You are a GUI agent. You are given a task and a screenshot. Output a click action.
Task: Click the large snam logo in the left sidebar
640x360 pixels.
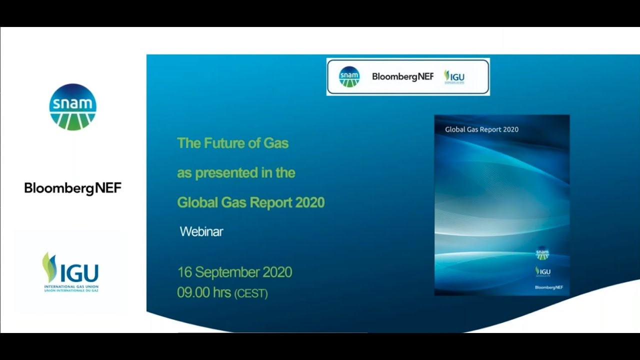point(73,107)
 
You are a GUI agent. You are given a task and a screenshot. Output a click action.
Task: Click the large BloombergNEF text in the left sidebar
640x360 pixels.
point(73,188)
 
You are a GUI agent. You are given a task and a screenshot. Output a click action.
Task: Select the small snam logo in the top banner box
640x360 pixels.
point(349,76)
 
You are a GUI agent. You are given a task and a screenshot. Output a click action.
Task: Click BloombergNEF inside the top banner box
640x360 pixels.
point(402,76)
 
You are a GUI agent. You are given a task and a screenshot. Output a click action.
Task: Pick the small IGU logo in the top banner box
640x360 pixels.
point(454,76)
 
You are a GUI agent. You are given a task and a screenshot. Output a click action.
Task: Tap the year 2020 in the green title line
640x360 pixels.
point(310,202)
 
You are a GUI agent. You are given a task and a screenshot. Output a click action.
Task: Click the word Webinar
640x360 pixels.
point(201,231)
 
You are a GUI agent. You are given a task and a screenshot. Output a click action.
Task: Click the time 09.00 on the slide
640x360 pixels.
point(193,292)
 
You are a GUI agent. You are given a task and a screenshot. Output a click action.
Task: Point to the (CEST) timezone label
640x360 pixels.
point(251,293)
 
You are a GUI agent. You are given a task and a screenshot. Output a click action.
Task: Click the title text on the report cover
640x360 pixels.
point(481,129)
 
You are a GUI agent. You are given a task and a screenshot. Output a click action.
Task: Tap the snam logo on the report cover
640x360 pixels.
point(542,253)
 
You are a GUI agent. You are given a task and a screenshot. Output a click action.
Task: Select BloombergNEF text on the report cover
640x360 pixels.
point(548,287)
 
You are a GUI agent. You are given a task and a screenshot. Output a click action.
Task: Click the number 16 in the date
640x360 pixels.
point(184,272)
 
